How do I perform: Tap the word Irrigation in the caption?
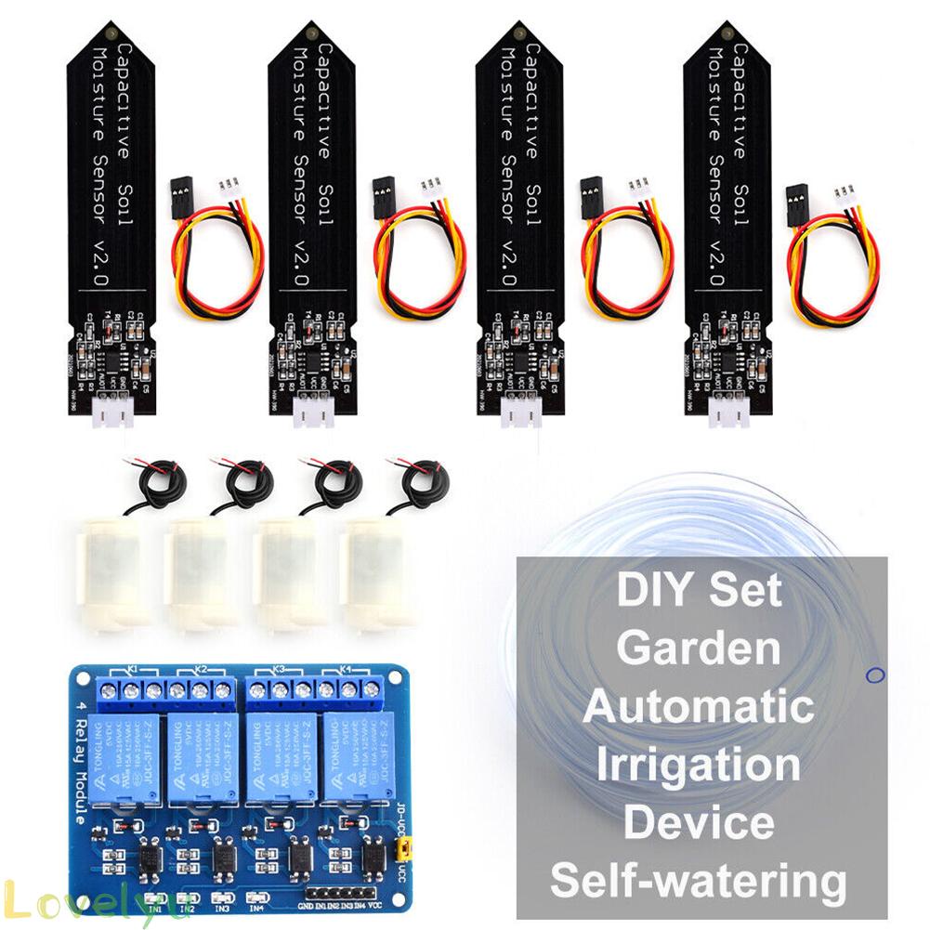click(x=699, y=765)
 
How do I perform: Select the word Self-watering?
click(x=699, y=879)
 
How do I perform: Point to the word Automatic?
click(x=699, y=706)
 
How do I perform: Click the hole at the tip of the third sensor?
click(x=516, y=34)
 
